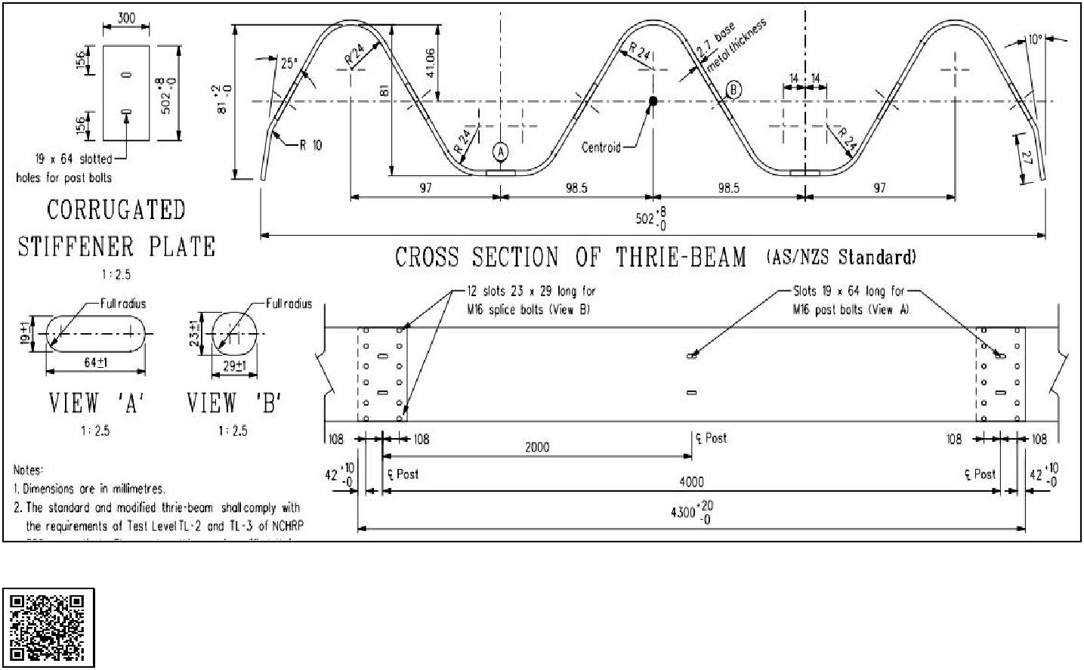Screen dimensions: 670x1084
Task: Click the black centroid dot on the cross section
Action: (x=653, y=100)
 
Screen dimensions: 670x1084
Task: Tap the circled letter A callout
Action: (x=500, y=152)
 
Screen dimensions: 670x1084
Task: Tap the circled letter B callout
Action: (x=733, y=90)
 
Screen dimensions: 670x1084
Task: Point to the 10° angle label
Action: (x=1035, y=39)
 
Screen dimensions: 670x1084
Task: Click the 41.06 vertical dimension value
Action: (x=430, y=66)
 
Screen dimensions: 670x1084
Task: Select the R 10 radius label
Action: (x=310, y=145)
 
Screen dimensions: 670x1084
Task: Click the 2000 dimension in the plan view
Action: (x=537, y=447)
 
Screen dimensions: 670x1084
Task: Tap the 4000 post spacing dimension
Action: (x=691, y=481)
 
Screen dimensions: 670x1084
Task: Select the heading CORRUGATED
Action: (x=116, y=209)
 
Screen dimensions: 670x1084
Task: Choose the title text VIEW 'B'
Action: (x=233, y=403)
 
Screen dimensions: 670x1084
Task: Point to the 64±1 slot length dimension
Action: (x=96, y=363)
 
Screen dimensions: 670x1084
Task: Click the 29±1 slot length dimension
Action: (x=236, y=365)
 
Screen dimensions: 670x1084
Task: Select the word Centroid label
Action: (x=601, y=147)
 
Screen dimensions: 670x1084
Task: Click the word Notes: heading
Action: (x=29, y=470)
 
